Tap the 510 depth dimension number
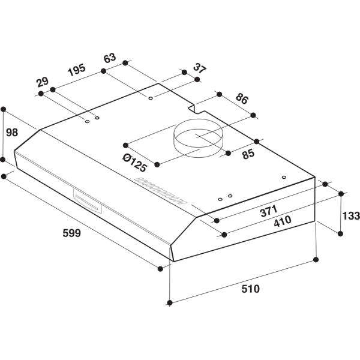(x=251, y=289)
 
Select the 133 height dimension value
(x=350, y=215)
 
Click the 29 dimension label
(x=41, y=82)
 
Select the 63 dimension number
(x=109, y=58)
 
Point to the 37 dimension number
(x=199, y=67)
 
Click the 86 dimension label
(x=242, y=99)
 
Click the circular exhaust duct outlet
(x=197, y=141)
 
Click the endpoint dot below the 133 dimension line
(x=341, y=232)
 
